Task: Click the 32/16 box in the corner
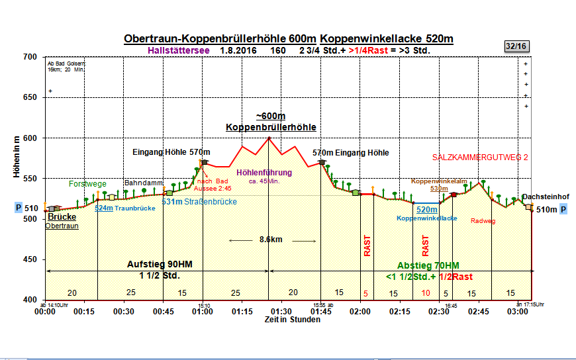tap(516, 46)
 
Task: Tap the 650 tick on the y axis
tap(30, 97)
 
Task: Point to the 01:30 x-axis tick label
tap(281, 311)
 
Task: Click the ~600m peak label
tap(271, 116)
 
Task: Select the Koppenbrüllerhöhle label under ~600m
tap(271, 126)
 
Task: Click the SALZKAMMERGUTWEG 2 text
tap(479, 157)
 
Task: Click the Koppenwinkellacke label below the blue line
tap(426, 218)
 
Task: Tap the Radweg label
tap(483, 221)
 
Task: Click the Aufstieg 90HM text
tap(160, 263)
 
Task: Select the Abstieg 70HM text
tap(428, 265)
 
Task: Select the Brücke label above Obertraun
tap(62, 216)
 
